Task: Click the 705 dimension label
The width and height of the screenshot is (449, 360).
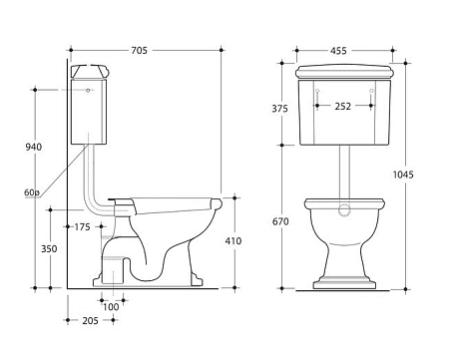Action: tap(139, 51)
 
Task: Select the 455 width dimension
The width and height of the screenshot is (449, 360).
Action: tap(338, 51)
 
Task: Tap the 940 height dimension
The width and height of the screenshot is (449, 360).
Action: tap(34, 147)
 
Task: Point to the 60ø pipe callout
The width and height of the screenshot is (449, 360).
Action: tap(32, 192)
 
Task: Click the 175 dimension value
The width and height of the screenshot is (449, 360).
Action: tap(82, 227)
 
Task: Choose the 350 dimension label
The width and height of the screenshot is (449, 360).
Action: tap(49, 248)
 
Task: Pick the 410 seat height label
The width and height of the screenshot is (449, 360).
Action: tap(233, 240)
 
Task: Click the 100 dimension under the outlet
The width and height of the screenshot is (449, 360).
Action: tap(111, 307)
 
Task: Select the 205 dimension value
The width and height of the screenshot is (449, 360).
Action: tap(91, 320)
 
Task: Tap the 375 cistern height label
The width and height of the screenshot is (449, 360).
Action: tap(279, 109)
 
